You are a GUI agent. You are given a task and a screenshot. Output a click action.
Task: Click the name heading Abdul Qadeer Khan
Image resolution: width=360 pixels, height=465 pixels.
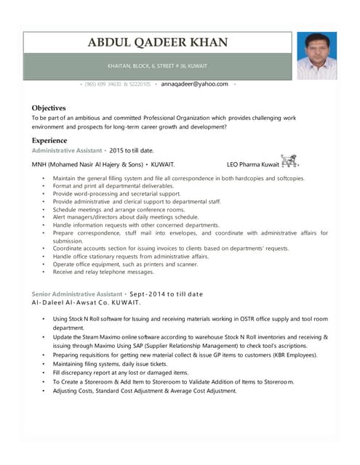click(x=157, y=43)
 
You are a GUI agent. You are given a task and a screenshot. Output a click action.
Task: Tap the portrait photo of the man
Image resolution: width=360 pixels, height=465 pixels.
click(x=316, y=55)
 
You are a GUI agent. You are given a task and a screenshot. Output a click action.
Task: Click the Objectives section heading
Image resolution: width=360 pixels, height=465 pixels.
click(x=49, y=108)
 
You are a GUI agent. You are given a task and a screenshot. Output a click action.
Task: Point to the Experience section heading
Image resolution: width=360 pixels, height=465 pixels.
click(x=49, y=140)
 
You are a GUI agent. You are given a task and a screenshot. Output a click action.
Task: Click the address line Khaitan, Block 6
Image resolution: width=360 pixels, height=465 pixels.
click(x=157, y=66)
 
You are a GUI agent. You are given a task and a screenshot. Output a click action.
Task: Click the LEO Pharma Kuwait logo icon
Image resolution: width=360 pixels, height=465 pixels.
click(x=289, y=161)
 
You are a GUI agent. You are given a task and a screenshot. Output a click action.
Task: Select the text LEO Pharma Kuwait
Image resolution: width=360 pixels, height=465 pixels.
click(x=252, y=164)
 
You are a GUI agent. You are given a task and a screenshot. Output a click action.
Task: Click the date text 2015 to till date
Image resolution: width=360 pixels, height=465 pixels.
click(x=132, y=150)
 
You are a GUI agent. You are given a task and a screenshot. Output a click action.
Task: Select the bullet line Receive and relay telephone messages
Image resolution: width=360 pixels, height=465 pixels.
click(x=104, y=272)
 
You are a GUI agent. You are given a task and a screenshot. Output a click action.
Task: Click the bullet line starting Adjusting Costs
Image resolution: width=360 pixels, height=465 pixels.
click(x=145, y=390)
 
